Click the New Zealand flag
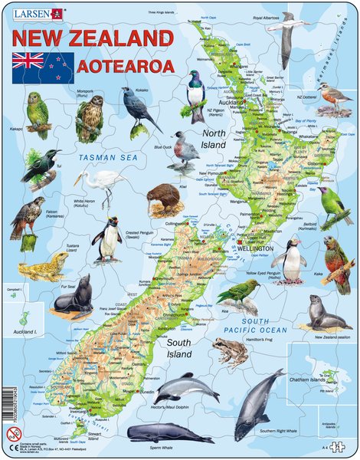click(x=41, y=64)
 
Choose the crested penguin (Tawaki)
click(x=107, y=237)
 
